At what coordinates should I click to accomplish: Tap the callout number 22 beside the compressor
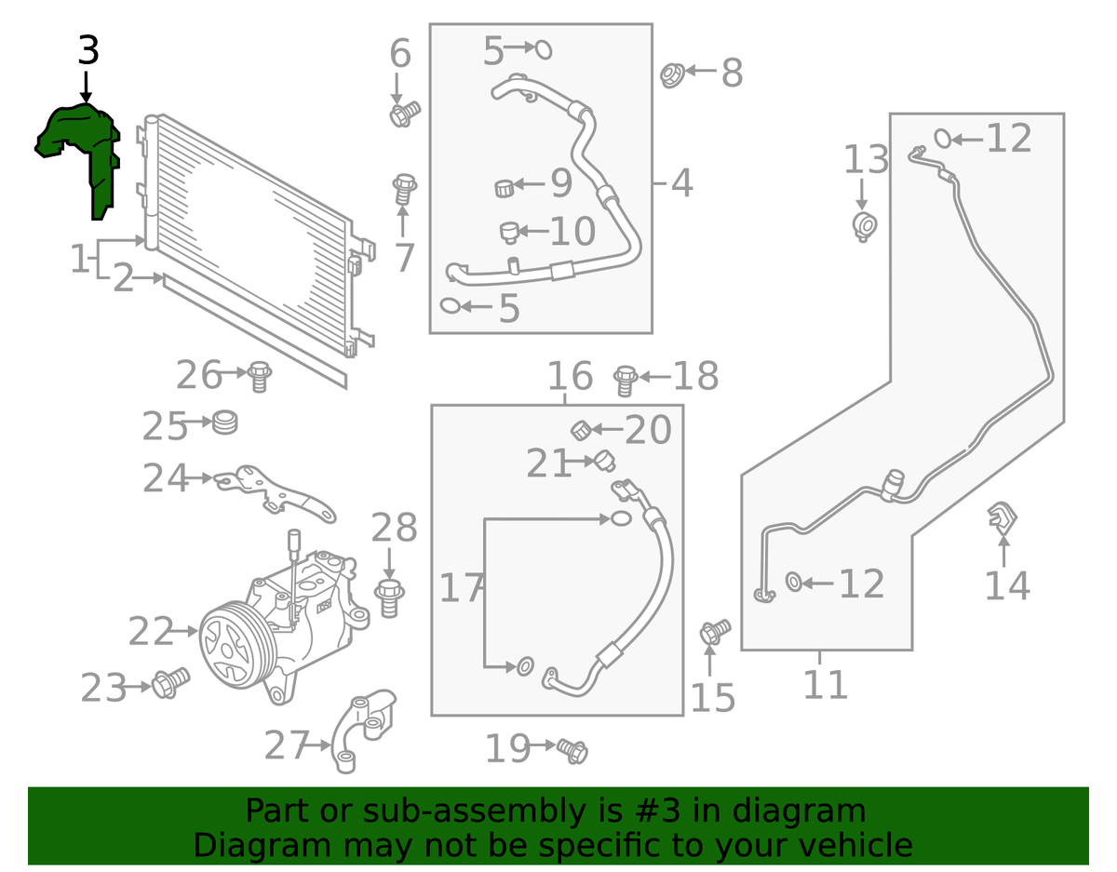(x=151, y=632)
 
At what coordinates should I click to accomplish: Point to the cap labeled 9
(x=505, y=188)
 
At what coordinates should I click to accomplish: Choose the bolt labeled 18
(x=626, y=379)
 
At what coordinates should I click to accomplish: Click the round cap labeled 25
(x=223, y=423)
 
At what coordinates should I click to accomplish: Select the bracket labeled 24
(x=275, y=492)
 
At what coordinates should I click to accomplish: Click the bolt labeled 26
(x=259, y=377)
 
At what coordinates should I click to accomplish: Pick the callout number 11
(x=826, y=685)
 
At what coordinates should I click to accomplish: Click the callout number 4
(x=682, y=183)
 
